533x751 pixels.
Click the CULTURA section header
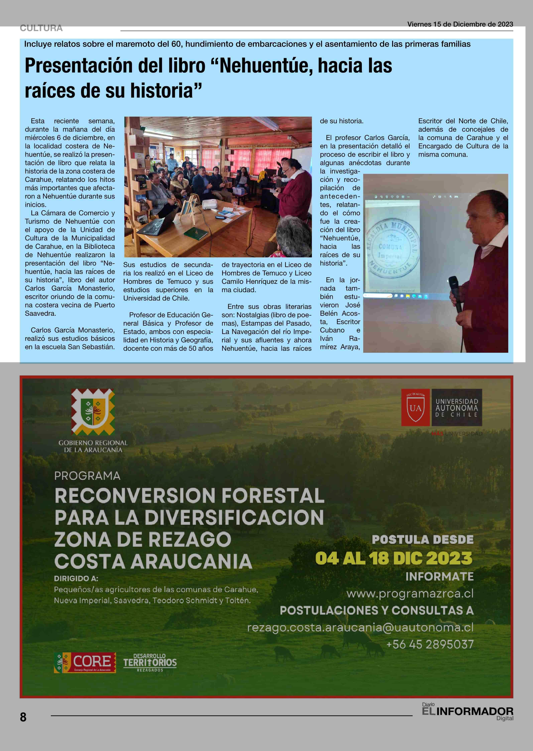point(41,28)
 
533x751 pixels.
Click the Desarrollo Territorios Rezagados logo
point(150,663)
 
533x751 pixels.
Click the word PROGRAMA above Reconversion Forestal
point(87,476)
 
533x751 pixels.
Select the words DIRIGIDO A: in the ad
point(76,578)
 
